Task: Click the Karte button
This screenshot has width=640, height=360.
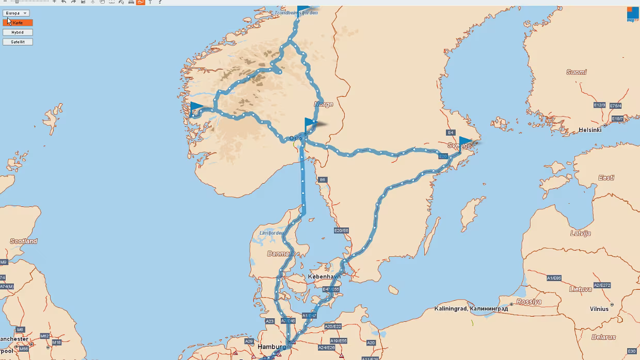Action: pyautogui.click(x=18, y=23)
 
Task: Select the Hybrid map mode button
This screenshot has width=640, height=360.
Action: pyautogui.click(x=18, y=32)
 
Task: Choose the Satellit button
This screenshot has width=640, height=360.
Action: pyautogui.click(x=18, y=42)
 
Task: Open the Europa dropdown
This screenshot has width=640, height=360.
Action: pyautogui.click(x=16, y=13)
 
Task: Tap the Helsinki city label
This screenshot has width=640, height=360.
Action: pyautogui.click(x=590, y=130)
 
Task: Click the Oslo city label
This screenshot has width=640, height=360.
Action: pyautogui.click(x=295, y=138)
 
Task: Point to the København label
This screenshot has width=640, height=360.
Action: pyautogui.click(x=324, y=277)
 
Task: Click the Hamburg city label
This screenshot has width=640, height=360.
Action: pyautogui.click(x=272, y=347)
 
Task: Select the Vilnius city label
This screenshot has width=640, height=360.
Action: pyautogui.click(x=599, y=309)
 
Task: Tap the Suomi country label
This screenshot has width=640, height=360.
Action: pyautogui.click(x=576, y=72)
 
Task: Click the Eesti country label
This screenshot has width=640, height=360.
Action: pyautogui.click(x=606, y=178)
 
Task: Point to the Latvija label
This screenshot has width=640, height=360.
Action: pyautogui.click(x=580, y=233)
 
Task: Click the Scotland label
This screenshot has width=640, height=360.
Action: pyautogui.click(x=24, y=241)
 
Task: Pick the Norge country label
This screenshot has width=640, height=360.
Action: pyautogui.click(x=324, y=104)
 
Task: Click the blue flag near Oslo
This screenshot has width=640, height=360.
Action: pyautogui.click(x=310, y=124)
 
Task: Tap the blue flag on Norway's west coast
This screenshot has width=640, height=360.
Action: pyautogui.click(x=196, y=108)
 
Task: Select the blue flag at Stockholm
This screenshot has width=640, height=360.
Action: pyautogui.click(x=466, y=142)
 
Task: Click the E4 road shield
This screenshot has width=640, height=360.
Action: pyautogui.click(x=450, y=133)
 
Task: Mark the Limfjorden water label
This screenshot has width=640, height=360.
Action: pyautogui.click(x=271, y=233)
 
